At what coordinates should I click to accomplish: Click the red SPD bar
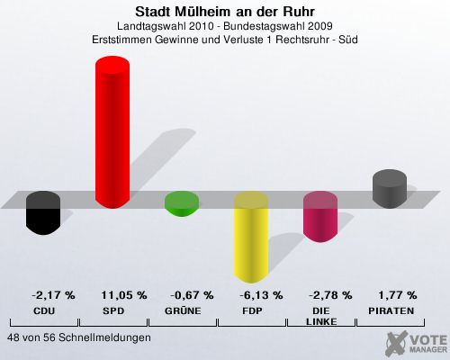click(x=112, y=132)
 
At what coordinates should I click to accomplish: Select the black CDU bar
click(x=43, y=213)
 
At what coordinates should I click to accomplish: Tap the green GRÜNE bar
click(x=182, y=203)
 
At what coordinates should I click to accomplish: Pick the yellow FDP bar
click(x=251, y=237)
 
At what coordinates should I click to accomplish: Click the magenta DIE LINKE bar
click(x=320, y=217)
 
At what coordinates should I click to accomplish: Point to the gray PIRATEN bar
click(x=390, y=189)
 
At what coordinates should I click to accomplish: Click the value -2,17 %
click(x=53, y=295)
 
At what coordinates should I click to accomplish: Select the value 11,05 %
click(x=124, y=295)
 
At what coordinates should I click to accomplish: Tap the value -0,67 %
click(x=192, y=295)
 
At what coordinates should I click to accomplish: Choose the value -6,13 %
click(x=261, y=295)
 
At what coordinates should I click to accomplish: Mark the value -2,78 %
click(x=330, y=295)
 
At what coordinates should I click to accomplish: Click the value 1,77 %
click(x=398, y=295)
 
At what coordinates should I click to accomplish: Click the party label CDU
click(x=44, y=311)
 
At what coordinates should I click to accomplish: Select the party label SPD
click(x=113, y=311)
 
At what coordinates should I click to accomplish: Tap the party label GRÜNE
click(x=183, y=310)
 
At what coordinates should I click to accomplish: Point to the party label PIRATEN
click(x=391, y=311)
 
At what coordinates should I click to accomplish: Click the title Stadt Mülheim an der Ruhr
click(x=225, y=12)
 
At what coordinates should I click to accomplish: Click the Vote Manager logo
click(x=417, y=343)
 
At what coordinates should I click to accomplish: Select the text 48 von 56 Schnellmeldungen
click(x=79, y=337)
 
